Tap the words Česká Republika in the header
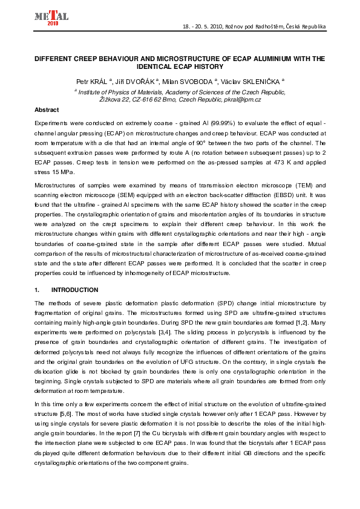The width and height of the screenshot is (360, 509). tap(305, 27)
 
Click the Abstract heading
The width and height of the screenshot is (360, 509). tap(47, 110)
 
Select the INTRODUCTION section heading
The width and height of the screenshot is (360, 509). tap(74, 290)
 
